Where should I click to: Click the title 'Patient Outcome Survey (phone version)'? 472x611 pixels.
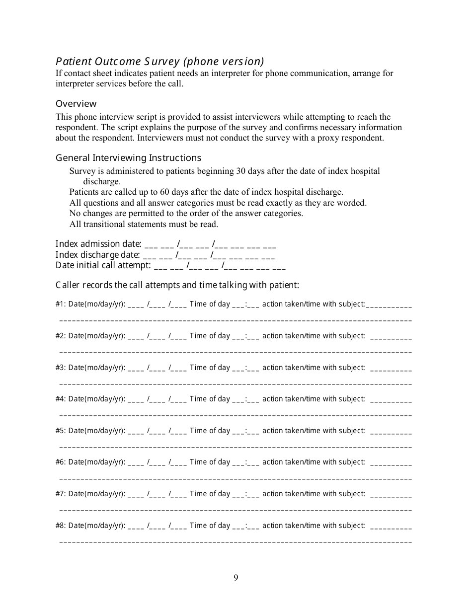point(159,62)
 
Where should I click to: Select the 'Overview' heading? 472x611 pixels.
point(76,104)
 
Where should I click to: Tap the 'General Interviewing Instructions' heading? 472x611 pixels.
point(128,158)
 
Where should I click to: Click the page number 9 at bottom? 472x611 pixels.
point(236,577)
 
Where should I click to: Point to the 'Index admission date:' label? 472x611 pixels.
point(98,244)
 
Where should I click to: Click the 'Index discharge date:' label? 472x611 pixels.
point(98,255)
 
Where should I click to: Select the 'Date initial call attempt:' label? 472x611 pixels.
point(103,266)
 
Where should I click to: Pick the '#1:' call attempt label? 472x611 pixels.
point(61,304)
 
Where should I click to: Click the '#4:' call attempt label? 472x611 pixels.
point(61,399)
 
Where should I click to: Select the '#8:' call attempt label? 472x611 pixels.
point(61,526)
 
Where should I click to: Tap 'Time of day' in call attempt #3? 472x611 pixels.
point(210,368)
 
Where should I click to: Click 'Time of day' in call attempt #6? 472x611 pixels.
point(210,462)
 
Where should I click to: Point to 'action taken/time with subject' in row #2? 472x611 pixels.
point(313,336)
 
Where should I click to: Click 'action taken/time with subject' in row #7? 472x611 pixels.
point(313,494)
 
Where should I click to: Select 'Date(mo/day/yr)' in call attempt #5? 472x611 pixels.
point(97,431)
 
